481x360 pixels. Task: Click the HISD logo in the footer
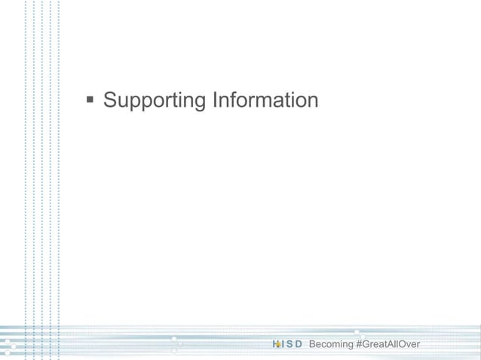tap(287, 345)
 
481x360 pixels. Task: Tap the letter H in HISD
tap(276, 345)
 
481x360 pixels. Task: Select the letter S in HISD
tap(290, 345)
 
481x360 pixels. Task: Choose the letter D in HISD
tap(299, 345)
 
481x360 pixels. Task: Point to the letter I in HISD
tap(283, 345)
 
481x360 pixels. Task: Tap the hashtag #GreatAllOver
tap(391, 345)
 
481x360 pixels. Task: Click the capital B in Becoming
tap(313, 345)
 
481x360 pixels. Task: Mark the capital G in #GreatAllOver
tap(365, 345)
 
